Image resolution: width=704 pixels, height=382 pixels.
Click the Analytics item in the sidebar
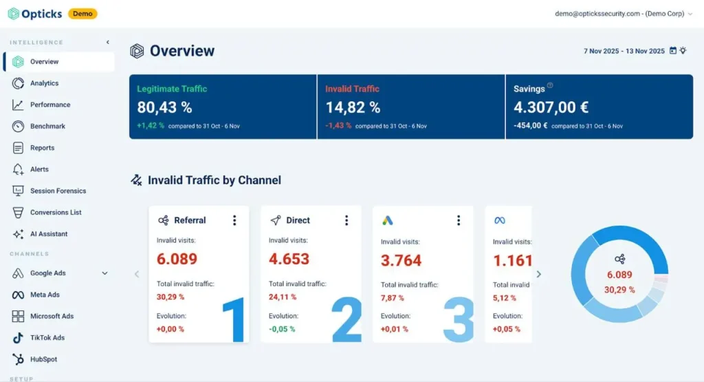pyautogui.click(x=44, y=83)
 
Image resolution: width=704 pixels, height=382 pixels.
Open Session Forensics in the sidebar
pyautogui.click(x=58, y=191)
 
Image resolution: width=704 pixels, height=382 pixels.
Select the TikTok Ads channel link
pyautogui.click(x=47, y=338)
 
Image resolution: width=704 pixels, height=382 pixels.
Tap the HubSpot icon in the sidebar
pyautogui.click(x=18, y=359)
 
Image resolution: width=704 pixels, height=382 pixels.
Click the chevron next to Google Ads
pyautogui.click(x=104, y=273)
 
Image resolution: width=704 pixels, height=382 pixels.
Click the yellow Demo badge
pyautogui.click(x=82, y=14)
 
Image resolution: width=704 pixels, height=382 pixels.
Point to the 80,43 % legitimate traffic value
pyautogui.click(x=164, y=107)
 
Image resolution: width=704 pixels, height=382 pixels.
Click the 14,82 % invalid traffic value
pyautogui.click(x=353, y=107)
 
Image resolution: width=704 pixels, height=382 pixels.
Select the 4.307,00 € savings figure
pyautogui.click(x=551, y=107)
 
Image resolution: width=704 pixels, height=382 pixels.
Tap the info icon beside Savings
pyautogui.click(x=550, y=85)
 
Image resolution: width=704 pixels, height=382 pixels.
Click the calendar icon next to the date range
pyautogui.click(x=672, y=50)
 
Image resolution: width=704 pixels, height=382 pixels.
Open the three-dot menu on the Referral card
pyautogui.click(x=234, y=220)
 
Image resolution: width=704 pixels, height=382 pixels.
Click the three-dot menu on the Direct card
pyautogui.click(x=346, y=220)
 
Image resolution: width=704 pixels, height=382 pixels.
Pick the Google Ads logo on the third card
pyautogui.click(x=388, y=220)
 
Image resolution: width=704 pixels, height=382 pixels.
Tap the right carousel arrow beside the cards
pyautogui.click(x=539, y=274)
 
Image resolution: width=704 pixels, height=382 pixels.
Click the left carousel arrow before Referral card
pyautogui.click(x=137, y=274)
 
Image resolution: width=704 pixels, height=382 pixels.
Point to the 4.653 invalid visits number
pyautogui.click(x=289, y=259)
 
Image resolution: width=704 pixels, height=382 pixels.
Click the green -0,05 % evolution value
pyautogui.click(x=282, y=329)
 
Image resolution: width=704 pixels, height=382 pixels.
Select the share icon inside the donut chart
pyautogui.click(x=619, y=259)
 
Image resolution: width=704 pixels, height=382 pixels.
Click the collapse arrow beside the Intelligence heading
pyautogui.click(x=108, y=42)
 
